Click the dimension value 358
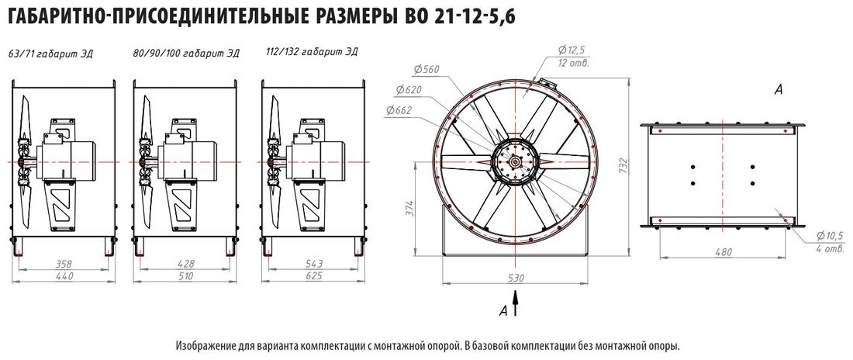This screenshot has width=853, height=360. coord(64,264)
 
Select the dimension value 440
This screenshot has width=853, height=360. coord(64,275)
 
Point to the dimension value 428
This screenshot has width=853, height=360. coord(186,264)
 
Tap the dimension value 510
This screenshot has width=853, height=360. coord(186,275)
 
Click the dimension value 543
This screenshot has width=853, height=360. coord(314,264)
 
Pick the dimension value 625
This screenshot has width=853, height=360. coord(314,275)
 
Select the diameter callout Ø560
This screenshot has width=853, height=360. coord(426,69)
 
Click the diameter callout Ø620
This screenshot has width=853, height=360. coord(409,89)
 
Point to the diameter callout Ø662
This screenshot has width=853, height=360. coord(399,110)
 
